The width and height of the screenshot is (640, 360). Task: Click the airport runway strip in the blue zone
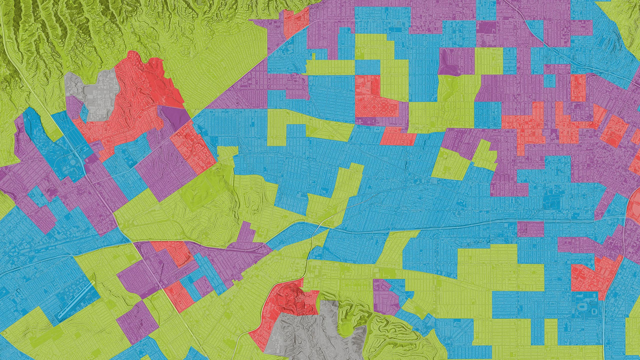75,300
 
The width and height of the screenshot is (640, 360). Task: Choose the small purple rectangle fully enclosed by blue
530,229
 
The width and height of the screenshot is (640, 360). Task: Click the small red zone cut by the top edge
296,20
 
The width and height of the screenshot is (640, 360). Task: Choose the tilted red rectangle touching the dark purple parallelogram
192,145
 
